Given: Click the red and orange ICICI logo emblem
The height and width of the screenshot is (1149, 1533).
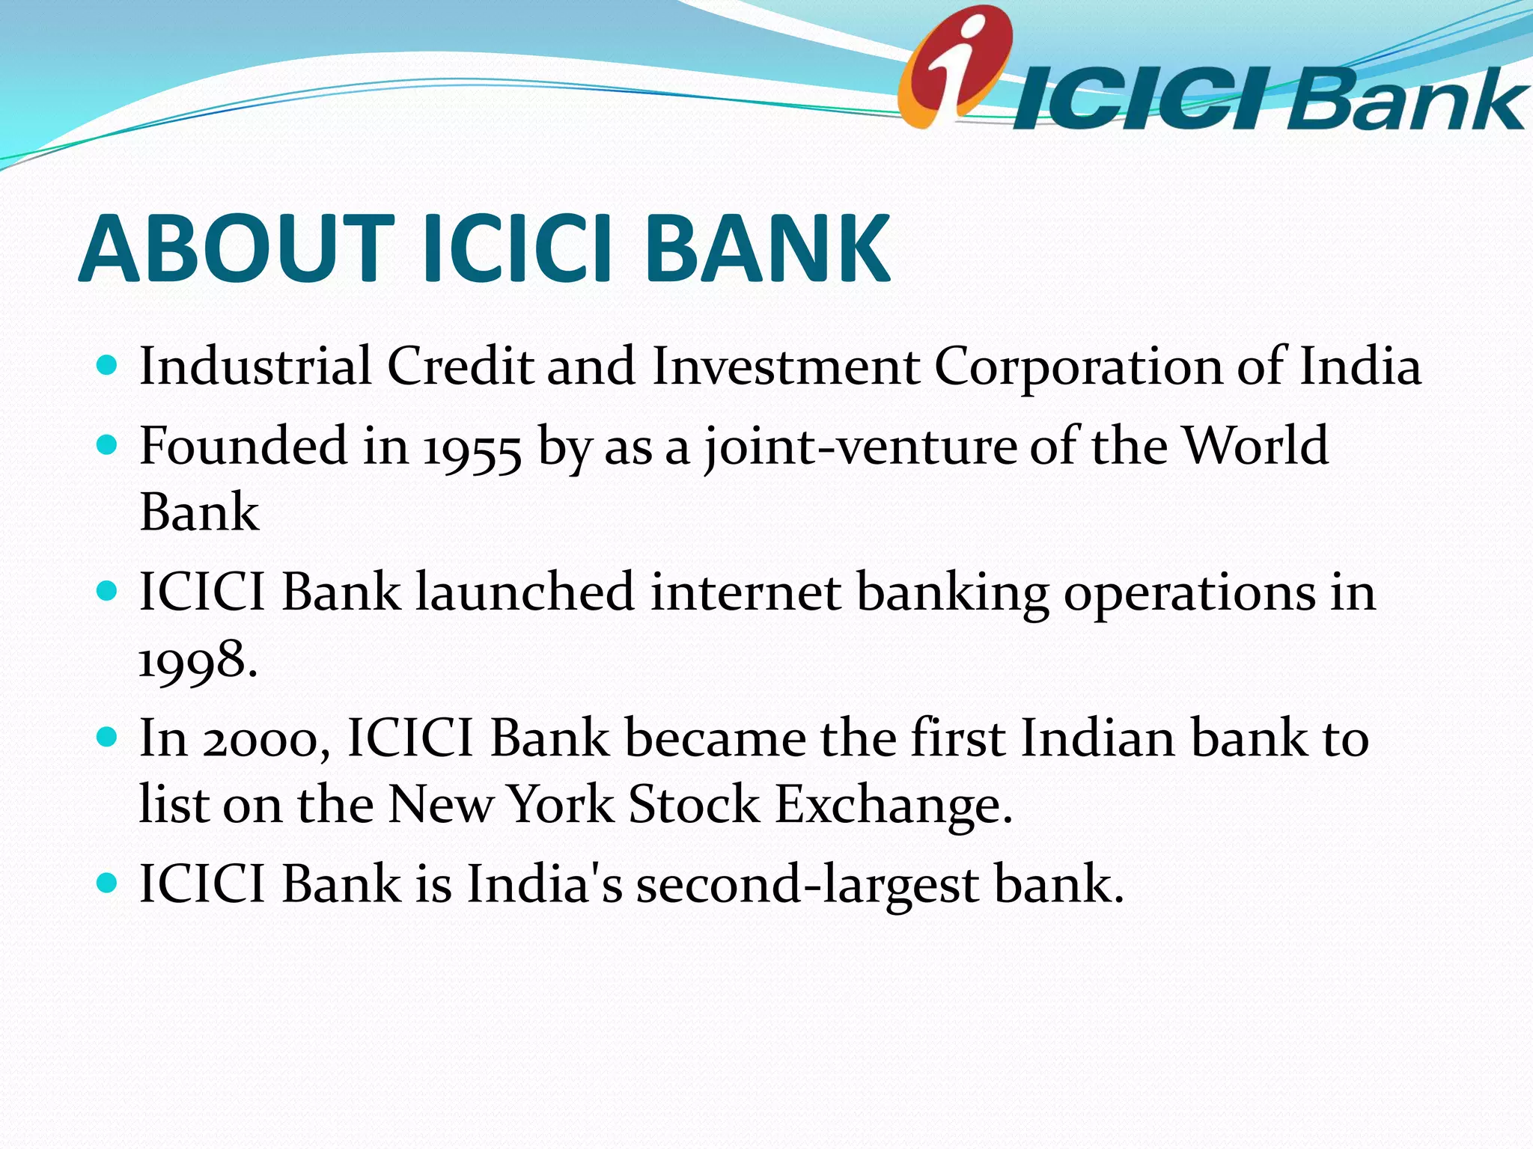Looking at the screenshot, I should (x=954, y=66).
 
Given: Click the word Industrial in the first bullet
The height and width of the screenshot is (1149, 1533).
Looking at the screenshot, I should (x=255, y=367).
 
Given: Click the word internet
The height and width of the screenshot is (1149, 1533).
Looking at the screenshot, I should (x=746, y=592).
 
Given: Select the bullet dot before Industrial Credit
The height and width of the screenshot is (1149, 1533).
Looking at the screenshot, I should (x=108, y=366).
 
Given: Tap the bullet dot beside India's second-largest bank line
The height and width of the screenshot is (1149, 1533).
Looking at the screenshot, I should (x=108, y=883).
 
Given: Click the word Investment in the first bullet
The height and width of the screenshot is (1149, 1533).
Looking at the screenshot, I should (x=785, y=367).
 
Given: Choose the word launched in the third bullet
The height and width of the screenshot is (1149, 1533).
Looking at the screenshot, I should (x=525, y=592).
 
